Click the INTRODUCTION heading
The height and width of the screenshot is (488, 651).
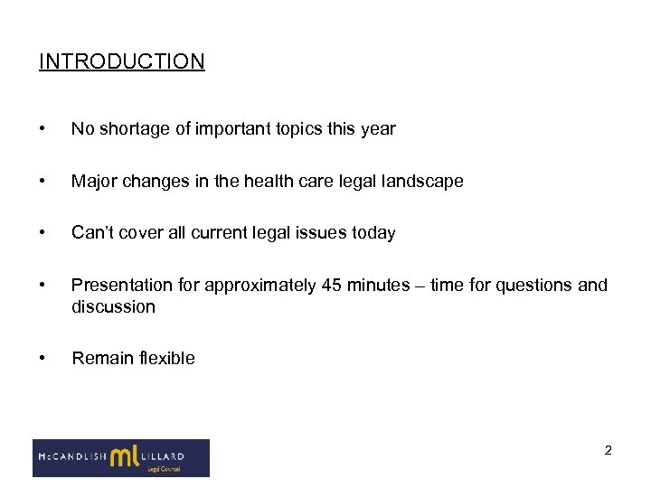pyautogui.click(x=122, y=61)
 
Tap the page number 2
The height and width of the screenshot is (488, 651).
pyautogui.click(x=609, y=450)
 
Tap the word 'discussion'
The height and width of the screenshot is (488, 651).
pyautogui.click(x=113, y=306)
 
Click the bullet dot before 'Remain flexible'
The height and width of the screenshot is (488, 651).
pyautogui.click(x=43, y=358)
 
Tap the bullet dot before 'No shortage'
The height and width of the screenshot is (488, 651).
pyautogui.click(x=43, y=128)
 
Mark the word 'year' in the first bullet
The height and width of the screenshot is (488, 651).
pyautogui.click(x=378, y=128)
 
